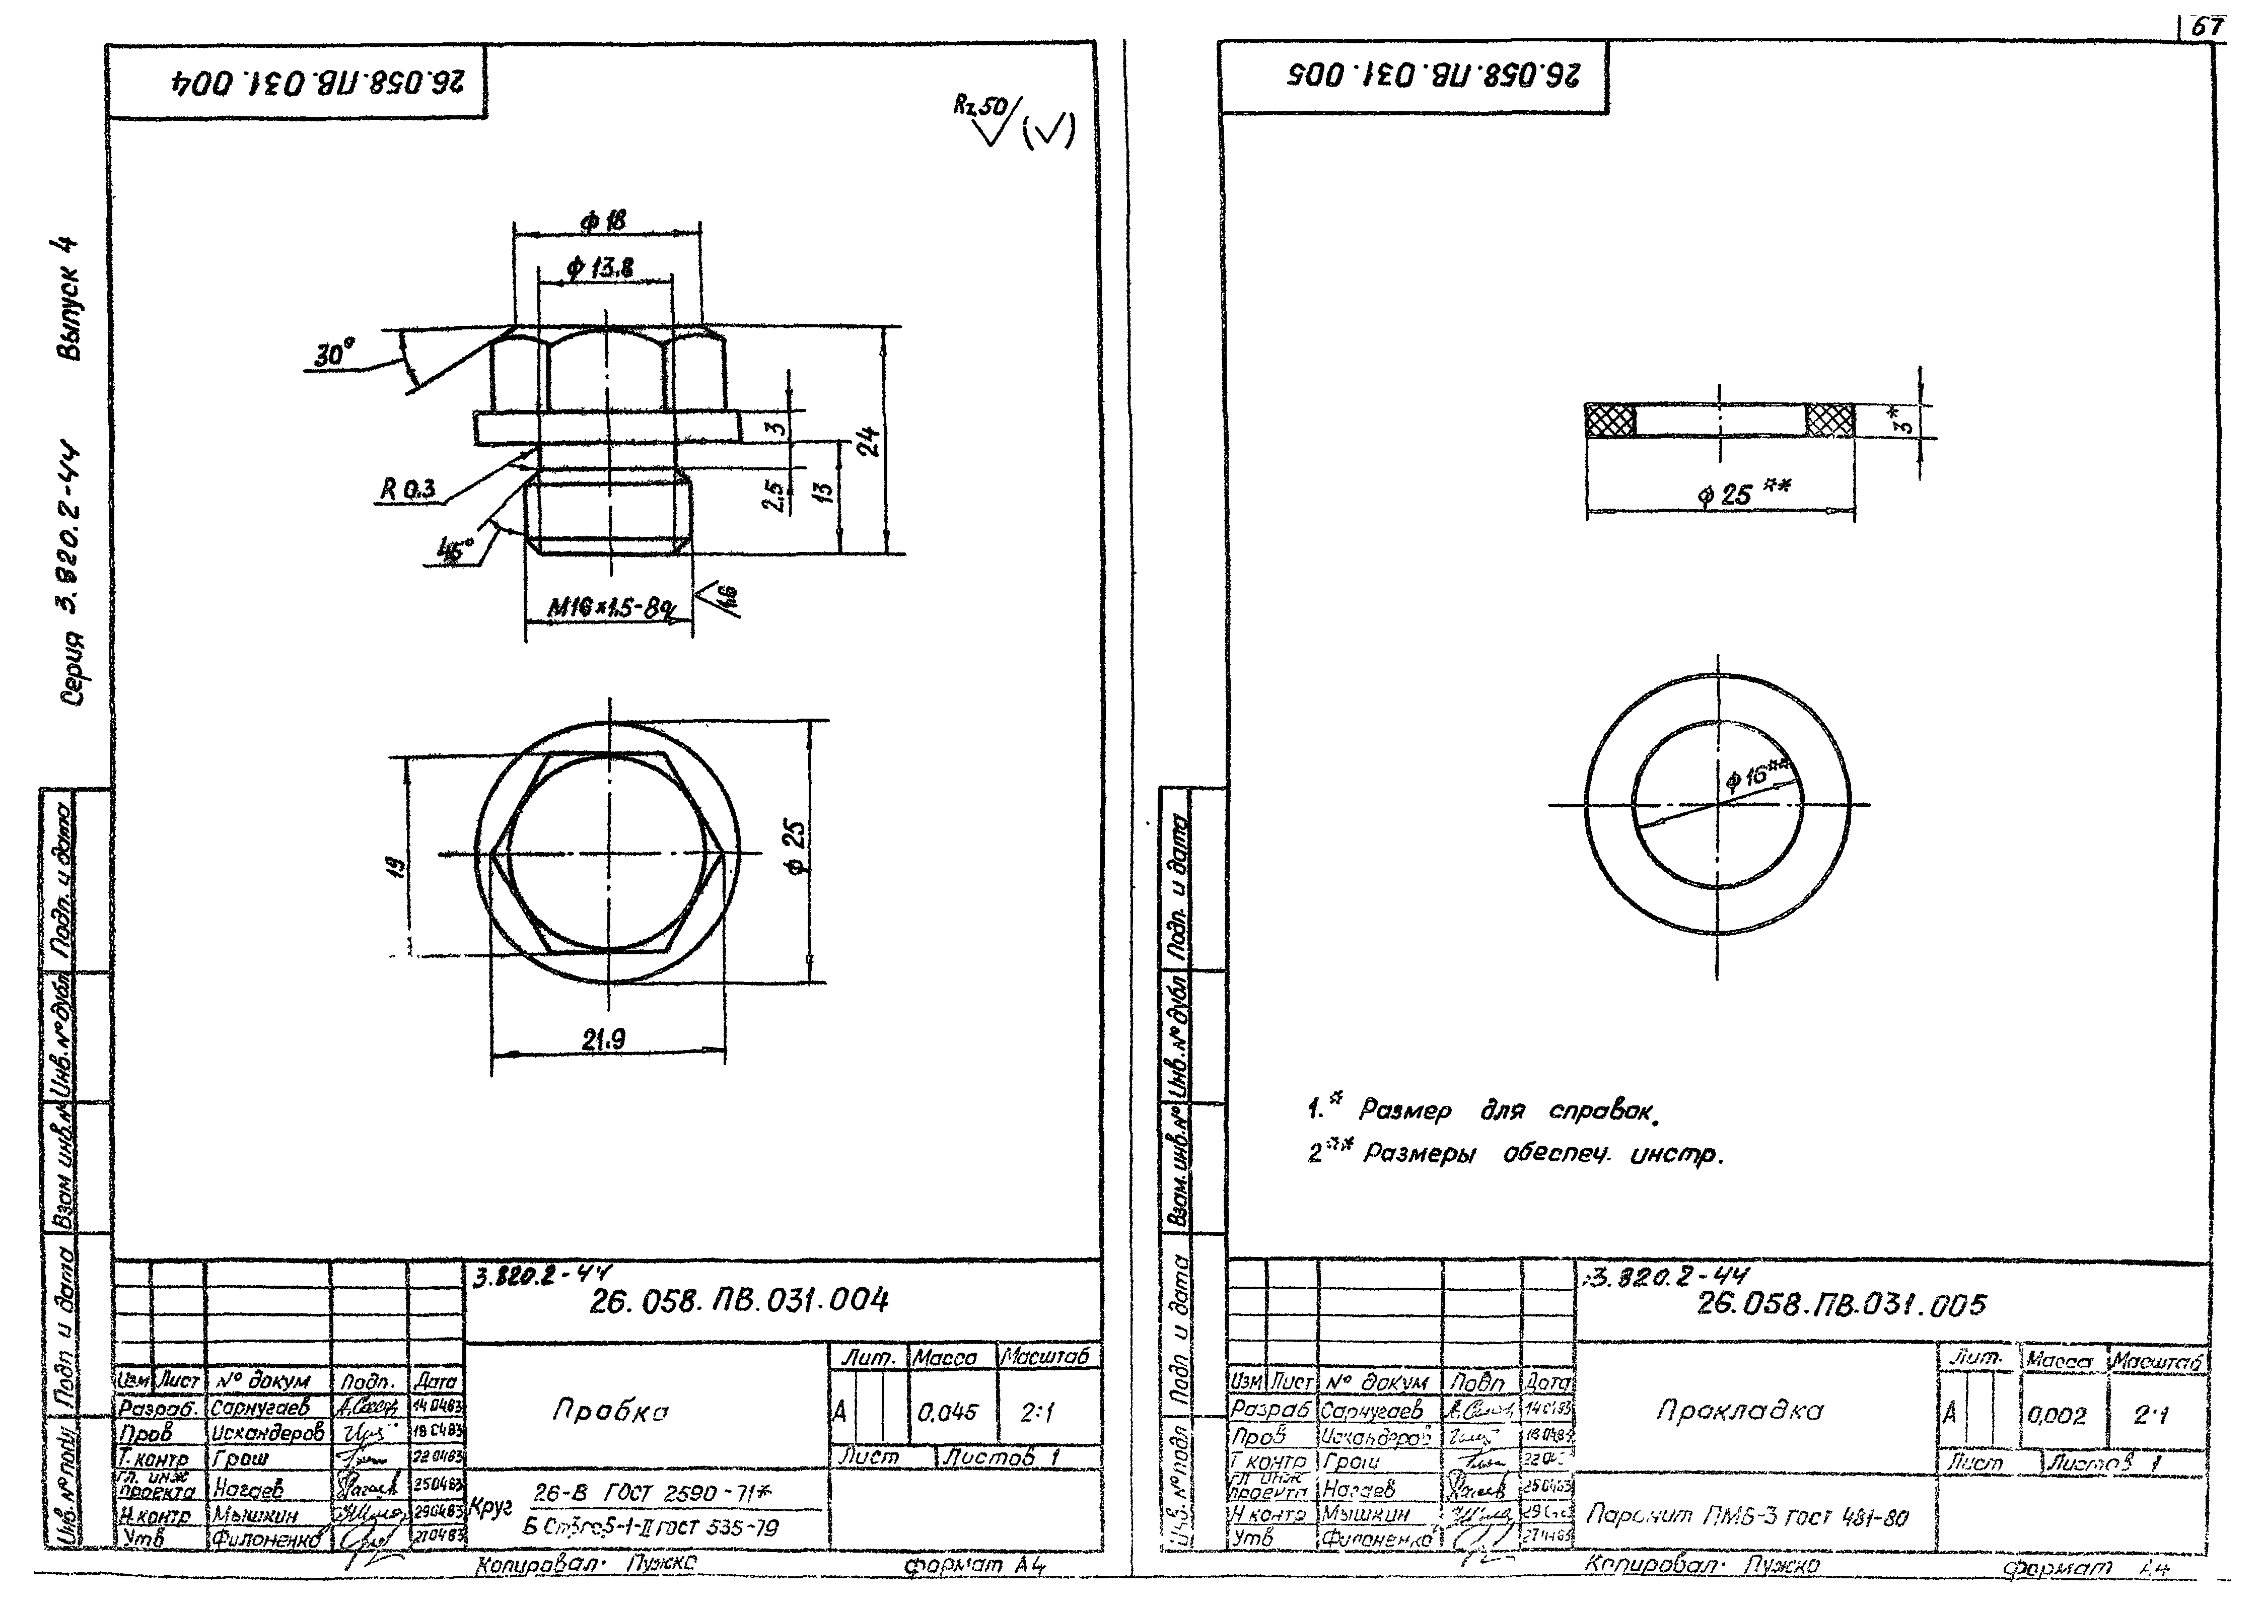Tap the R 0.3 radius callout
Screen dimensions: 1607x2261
(x=408, y=489)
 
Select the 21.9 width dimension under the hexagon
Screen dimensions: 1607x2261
(x=604, y=1039)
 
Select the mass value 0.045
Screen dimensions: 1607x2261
(x=947, y=1412)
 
